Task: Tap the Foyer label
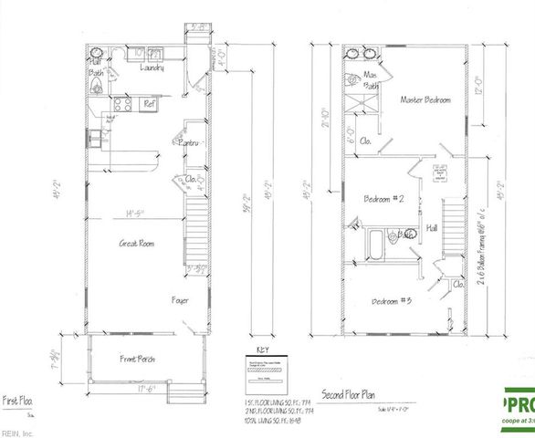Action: click(x=180, y=299)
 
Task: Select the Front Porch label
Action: click(x=138, y=360)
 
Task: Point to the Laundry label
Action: click(x=152, y=68)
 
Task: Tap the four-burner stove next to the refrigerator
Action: click(x=124, y=105)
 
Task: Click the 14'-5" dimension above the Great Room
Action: click(x=138, y=214)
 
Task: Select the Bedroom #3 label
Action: click(x=393, y=300)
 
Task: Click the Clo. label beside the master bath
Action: click(x=364, y=141)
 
